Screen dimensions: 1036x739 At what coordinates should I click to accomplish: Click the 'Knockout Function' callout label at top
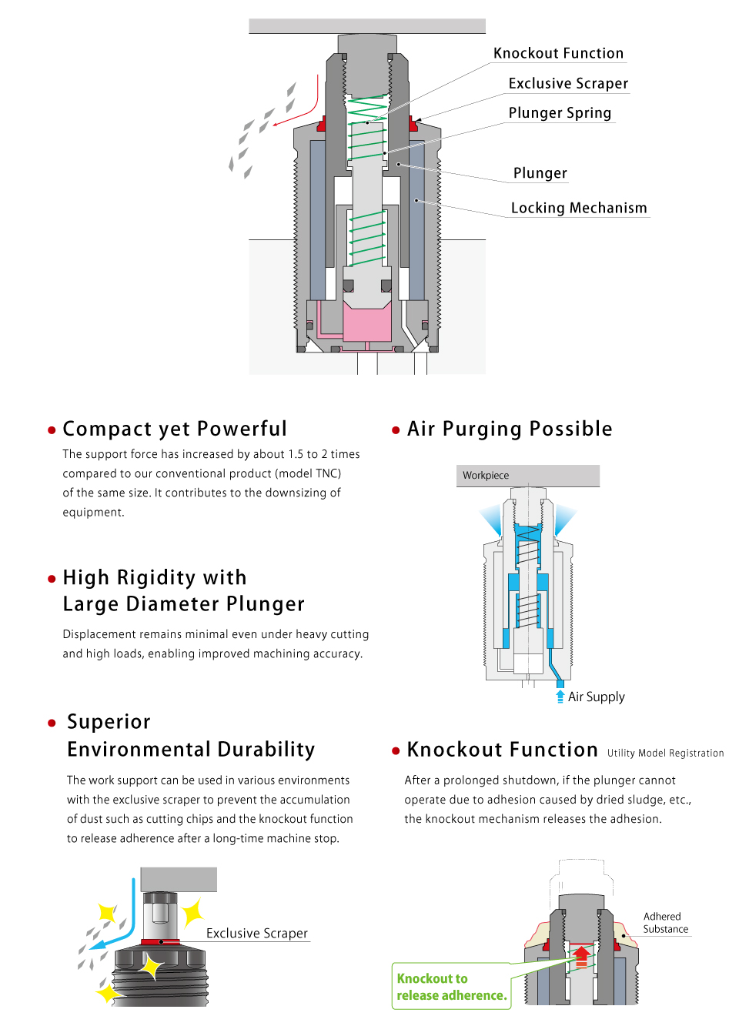pyautogui.click(x=558, y=53)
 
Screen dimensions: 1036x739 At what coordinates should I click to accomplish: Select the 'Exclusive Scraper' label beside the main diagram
pyautogui.click(x=568, y=83)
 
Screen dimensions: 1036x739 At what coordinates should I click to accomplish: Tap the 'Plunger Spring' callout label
pyautogui.click(x=560, y=113)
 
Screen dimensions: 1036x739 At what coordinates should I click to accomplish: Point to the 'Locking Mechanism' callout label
pyautogui.click(x=579, y=208)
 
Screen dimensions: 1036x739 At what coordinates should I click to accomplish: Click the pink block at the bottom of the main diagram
pyautogui.click(x=367, y=324)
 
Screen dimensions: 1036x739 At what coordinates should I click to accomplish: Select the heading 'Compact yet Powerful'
pyautogui.click(x=175, y=429)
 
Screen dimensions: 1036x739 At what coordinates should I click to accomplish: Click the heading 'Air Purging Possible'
pyautogui.click(x=510, y=429)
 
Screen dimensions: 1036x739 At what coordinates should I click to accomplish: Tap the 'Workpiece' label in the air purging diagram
pyautogui.click(x=486, y=476)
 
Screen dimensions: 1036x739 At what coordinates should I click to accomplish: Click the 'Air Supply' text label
pyautogui.click(x=597, y=697)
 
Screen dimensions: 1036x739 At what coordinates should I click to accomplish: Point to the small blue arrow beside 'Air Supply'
pyautogui.click(x=560, y=697)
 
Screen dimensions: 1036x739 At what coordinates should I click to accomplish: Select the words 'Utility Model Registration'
pyautogui.click(x=665, y=754)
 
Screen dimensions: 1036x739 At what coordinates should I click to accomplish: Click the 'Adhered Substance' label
pyautogui.click(x=665, y=923)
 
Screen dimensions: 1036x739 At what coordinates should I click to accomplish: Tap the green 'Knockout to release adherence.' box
pyautogui.click(x=451, y=987)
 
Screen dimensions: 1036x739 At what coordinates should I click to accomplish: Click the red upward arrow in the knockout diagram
pyautogui.click(x=582, y=955)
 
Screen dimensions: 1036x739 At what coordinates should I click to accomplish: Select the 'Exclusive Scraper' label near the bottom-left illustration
pyautogui.click(x=256, y=934)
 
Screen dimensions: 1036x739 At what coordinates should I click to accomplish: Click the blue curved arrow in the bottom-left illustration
pyautogui.click(x=123, y=924)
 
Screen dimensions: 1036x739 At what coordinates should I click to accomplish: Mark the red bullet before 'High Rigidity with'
pyautogui.click(x=52, y=579)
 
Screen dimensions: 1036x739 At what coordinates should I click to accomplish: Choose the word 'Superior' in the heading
pyautogui.click(x=109, y=722)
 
